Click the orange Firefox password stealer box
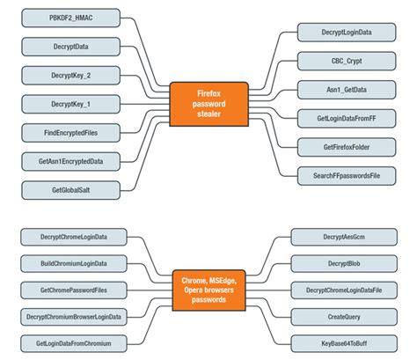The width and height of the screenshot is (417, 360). [208, 102]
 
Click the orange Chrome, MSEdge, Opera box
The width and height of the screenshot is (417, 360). [208, 288]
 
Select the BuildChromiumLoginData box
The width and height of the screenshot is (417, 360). [74, 262]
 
